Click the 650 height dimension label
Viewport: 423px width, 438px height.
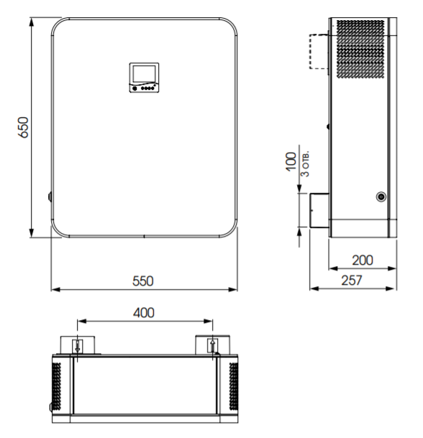pos(23,127)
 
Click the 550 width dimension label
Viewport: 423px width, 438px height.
pos(143,281)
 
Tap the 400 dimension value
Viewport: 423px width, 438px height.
pos(144,313)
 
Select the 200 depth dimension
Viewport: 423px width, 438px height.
pos(363,260)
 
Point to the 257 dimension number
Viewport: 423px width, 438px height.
pos(352,280)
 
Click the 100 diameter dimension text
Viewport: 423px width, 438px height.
pos(291,161)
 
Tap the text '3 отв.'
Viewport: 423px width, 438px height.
pos(305,164)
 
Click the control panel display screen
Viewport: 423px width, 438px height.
pos(144,74)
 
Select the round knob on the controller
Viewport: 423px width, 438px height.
pos(135,88)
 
